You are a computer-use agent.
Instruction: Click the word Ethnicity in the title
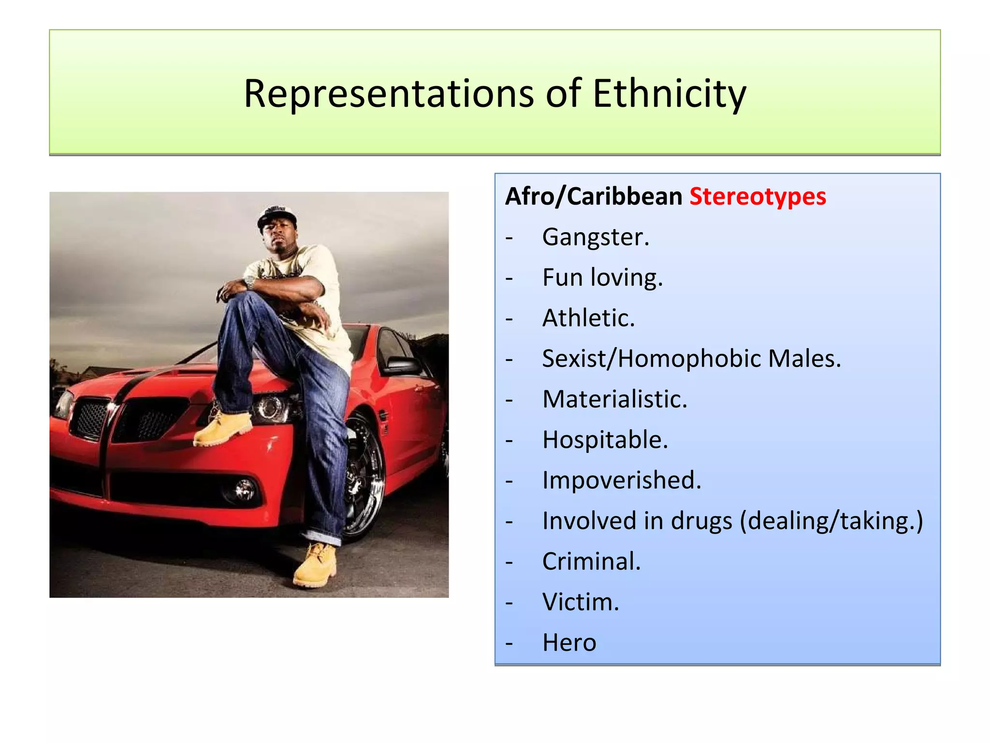point(669,94)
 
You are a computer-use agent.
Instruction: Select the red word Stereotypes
point(757,196)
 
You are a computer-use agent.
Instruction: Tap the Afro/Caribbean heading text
point(594,196)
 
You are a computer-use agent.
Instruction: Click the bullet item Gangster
point(596,237)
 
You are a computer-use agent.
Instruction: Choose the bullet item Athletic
point(588,318)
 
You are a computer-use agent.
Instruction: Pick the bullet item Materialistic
point(614,400)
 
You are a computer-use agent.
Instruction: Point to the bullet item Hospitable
point(605,440)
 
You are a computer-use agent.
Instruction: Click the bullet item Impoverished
point(622,480)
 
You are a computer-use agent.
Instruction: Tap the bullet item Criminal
point(591,562)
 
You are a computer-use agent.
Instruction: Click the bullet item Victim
point(581,602)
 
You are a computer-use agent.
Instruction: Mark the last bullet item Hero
point(569,643)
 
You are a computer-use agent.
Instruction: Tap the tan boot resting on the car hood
point(223,428)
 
